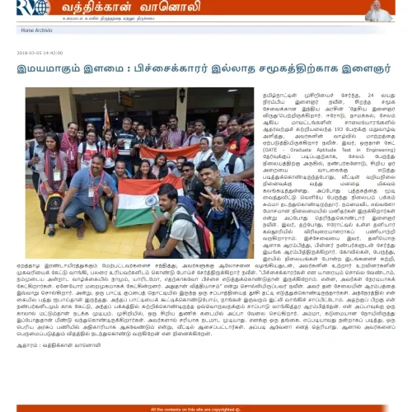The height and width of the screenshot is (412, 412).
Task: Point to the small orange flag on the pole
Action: (x=106, y=116)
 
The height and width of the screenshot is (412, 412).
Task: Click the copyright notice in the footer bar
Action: (x=206, y=408)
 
